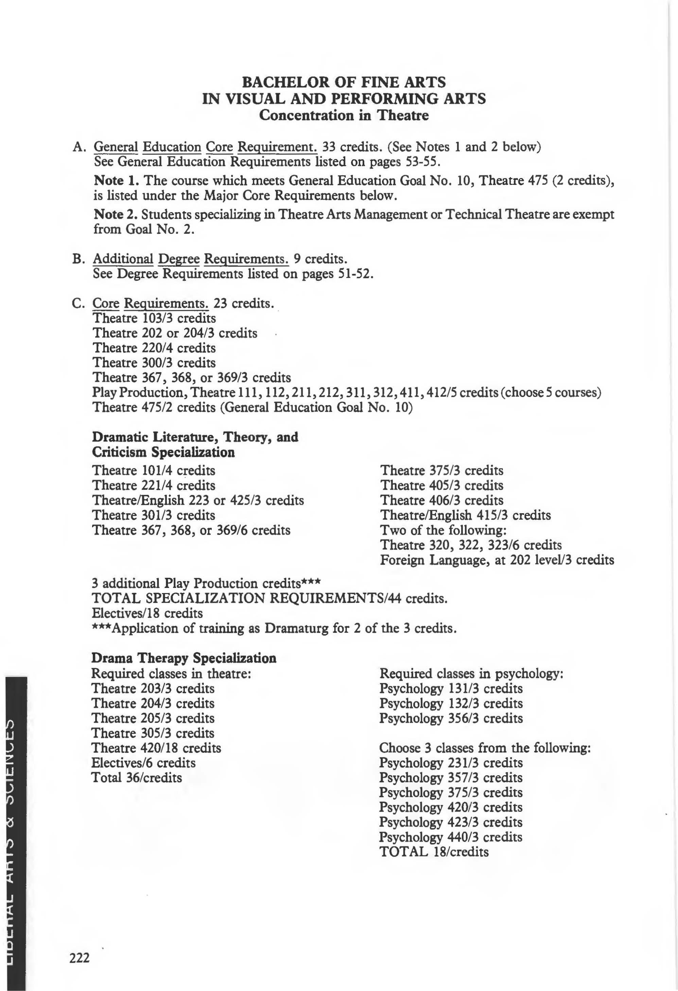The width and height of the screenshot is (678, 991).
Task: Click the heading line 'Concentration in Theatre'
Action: (x=344, y=115)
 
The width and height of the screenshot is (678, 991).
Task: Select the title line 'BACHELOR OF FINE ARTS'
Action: (x=344, y=82)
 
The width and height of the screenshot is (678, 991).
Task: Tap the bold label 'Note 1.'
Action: (x=116, y=180)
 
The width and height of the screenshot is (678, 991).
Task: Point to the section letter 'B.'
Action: (x=79, y=259)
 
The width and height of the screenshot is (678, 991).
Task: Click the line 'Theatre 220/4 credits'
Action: (x=154, y=348)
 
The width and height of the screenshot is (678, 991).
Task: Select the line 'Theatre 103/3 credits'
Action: (x=154, y=318)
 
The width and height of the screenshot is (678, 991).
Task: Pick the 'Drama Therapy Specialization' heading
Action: (x=184, y=658)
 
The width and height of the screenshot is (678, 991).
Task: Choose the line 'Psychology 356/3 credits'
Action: (x=451, y=718)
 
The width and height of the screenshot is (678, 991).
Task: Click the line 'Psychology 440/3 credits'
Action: (x=450, y=837)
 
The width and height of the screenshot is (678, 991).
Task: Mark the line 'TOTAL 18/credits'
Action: (x=434, y=852)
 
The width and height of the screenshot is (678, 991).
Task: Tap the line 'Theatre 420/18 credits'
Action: (x=156, y=748)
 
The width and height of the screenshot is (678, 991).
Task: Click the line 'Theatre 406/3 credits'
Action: (x=442, y=500)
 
